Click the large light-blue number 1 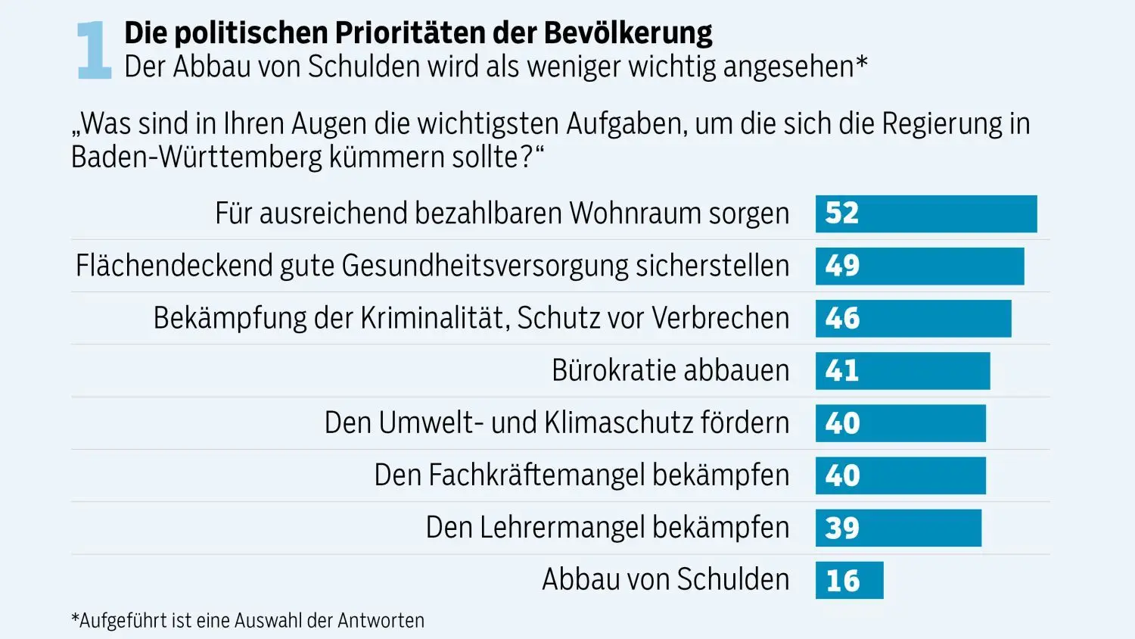pyautogui.click(x=94, y=50)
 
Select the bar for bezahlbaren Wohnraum pyautogui.click(x=926, y=214)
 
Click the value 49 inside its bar pyautogui.click(x=842, y=266)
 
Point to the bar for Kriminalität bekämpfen pyautogui.click(x=913, y=318)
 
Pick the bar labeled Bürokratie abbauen pyautogui.click(x=903, y=370)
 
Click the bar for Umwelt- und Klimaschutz pyautogui.click(x=900, y=422)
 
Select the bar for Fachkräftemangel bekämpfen pyautogui.click(x=900, y=475)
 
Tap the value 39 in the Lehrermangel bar pyautogui.click(x=842, y=528)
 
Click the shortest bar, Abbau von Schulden pyautogui.click(x=849, y=580)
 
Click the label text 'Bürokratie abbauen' pyautogui.click(x=670, y=370)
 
